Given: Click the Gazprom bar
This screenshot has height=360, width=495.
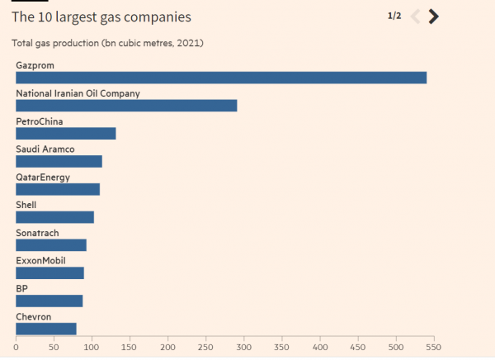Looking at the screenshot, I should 221,78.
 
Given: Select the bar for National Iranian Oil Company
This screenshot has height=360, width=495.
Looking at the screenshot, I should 126,106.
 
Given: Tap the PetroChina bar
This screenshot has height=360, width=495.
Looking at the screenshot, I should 66,134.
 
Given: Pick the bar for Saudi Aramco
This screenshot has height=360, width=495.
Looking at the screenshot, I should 59,162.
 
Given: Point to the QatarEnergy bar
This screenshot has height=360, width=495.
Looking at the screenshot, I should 58,190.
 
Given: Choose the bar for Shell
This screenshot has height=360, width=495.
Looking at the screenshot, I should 54,217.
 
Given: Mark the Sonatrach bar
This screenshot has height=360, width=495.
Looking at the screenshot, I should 51,245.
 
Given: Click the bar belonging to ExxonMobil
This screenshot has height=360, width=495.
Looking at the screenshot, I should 49,273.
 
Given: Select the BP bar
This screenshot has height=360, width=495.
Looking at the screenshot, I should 49,301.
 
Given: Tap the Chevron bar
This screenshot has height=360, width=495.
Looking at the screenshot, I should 46,329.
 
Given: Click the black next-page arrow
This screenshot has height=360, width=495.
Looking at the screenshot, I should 434,17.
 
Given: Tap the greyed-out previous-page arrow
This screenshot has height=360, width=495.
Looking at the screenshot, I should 415,17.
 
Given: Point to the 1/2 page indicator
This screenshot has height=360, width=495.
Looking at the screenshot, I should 394,16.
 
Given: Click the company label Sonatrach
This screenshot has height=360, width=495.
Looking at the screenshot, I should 38,233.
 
